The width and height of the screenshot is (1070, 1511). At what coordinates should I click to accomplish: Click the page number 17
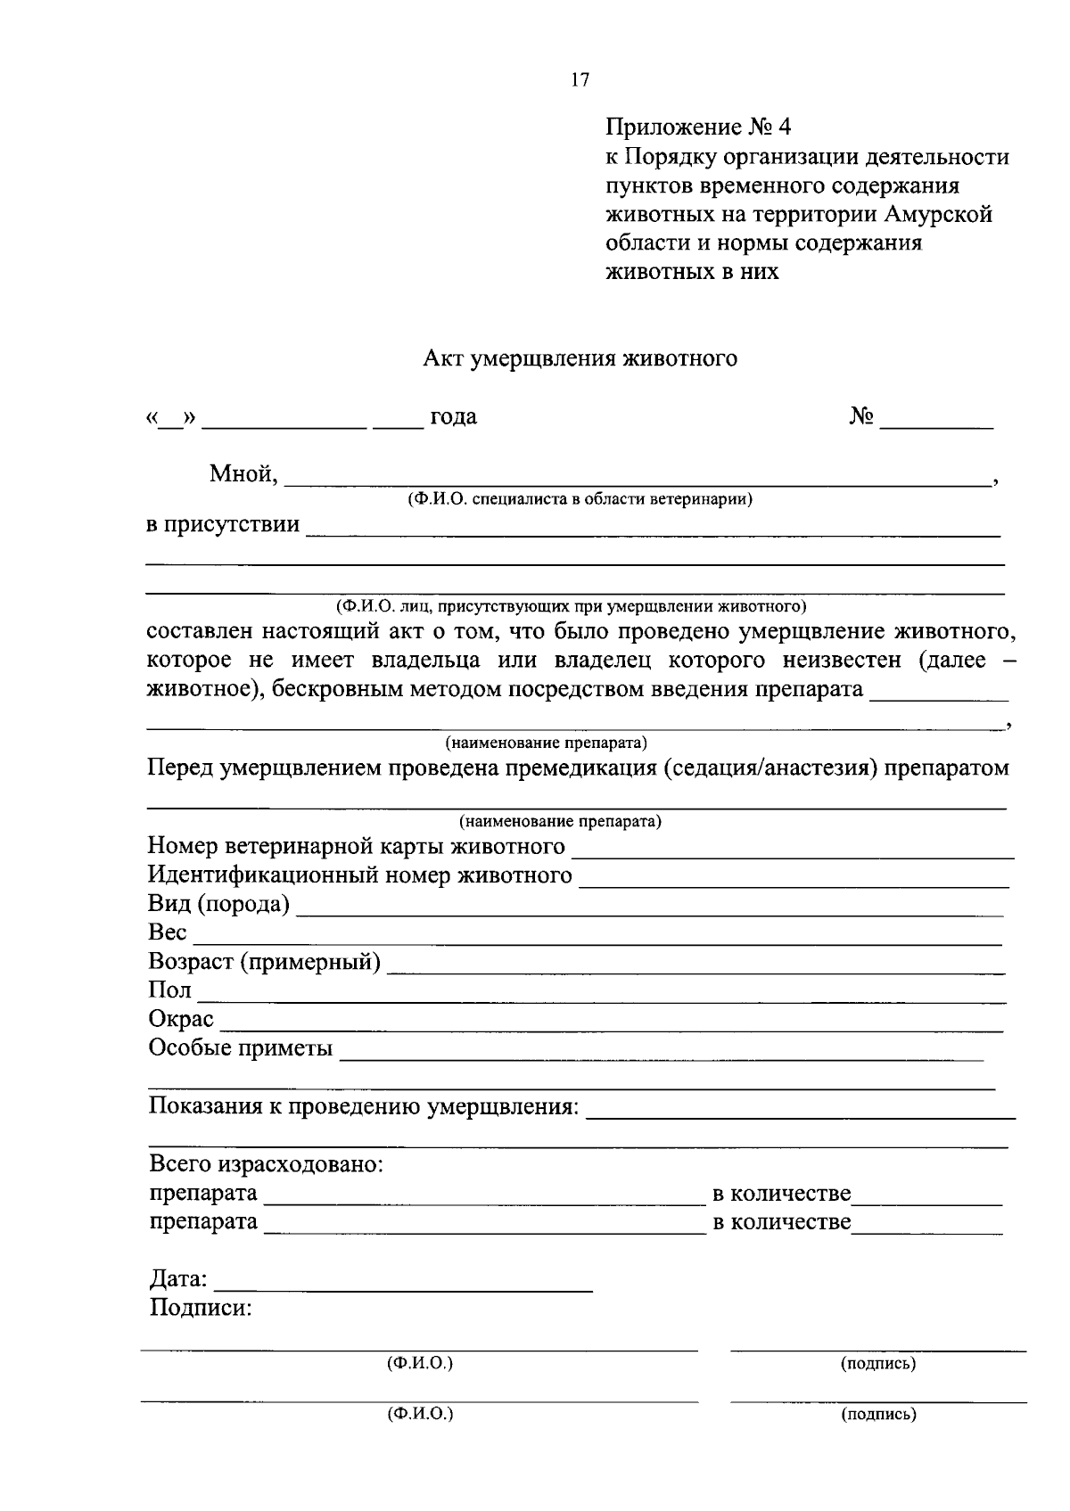point(580,80)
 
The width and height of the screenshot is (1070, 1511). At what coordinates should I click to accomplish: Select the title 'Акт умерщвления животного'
point(580,359)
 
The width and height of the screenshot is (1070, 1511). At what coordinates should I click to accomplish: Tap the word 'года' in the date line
point(454,417)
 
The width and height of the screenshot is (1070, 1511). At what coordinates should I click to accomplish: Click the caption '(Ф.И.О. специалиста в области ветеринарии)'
point(580,500)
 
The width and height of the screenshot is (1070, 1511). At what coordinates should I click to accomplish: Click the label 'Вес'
point(168,933)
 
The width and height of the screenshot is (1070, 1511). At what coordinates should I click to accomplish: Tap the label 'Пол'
point(169,990)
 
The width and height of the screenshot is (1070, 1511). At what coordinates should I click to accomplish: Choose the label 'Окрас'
point(181,1019)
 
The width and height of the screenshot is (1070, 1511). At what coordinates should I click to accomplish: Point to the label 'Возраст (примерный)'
point(265,962)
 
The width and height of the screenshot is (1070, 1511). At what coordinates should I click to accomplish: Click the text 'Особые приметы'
point(240,1048)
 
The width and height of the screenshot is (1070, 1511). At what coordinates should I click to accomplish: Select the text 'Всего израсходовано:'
point(266,1164)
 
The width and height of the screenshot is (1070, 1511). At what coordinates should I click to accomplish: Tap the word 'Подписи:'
point(201,1309)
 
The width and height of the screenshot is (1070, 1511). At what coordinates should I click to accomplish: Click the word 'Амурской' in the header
point(939,215)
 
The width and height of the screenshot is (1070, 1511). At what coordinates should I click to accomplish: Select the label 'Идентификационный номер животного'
point(360,876)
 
